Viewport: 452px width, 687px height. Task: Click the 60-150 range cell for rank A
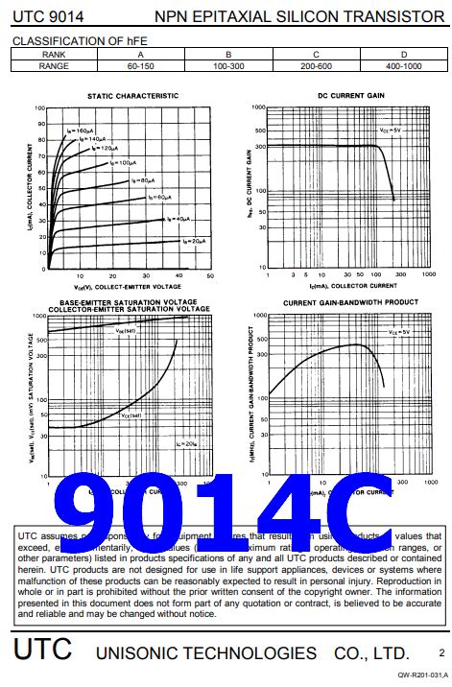click(141, 66)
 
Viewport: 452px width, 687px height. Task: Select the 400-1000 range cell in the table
click(403, 66)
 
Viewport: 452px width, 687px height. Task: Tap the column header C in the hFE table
click(316, 55)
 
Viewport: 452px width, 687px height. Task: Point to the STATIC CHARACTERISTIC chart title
click(132, 96)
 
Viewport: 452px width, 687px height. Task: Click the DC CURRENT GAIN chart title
click(350, 96)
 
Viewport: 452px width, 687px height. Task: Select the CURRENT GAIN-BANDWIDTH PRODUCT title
click(349, 302)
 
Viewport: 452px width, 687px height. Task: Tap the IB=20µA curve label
click(193, 240)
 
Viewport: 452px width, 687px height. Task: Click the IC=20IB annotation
click(189, 443)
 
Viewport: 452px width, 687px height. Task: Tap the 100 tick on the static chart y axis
click(41, 108)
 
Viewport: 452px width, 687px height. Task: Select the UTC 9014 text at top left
click(45, 16)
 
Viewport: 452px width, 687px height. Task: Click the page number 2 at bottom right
click(440, 652)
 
